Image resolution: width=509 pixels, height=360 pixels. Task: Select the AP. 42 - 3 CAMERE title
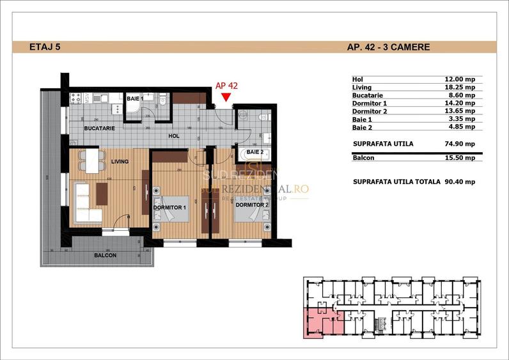pyautogui.click(x=388, y=47)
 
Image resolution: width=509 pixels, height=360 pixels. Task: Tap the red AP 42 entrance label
pyautogui.click(x=226, y=85)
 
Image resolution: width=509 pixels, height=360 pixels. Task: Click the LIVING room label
pyautogui.click(x=120, y=162)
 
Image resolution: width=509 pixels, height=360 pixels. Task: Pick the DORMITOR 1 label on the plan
pyautogui.click(x=169, y=208)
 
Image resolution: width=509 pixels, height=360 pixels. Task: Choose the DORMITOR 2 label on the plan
pyautogui.click(x=250, y=205)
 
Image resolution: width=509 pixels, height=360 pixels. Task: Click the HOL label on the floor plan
pyautogui.click(x=174, y=136)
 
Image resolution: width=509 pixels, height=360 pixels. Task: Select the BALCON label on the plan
pyautogui.click(x=105, y=255)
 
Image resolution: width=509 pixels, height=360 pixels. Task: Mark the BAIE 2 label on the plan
pyautogui.click(x=255, y=152)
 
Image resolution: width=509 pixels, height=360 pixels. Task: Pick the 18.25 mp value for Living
pyautogui.click(x=459, y=87)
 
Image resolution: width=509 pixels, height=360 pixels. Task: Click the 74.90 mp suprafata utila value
pyautogui.click(x=459, y=144)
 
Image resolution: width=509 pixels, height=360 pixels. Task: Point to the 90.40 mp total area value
pyautogui.click(x=459, y=182)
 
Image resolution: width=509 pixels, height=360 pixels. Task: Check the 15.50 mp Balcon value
pyautogui.click(x=459, y=157)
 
